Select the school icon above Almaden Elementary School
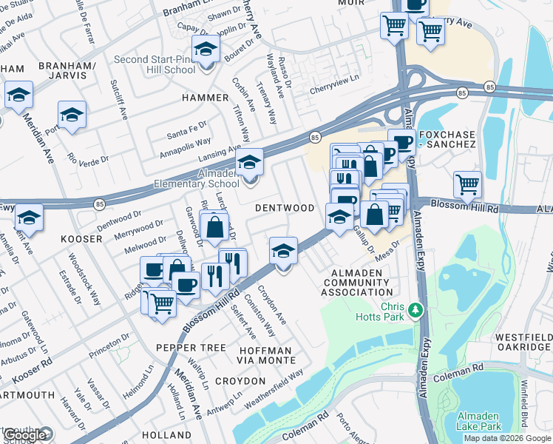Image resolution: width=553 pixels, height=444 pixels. coord(250,163)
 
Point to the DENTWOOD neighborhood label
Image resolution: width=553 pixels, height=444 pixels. coord(285,208)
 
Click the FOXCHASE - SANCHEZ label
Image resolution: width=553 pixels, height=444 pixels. coord(447,139)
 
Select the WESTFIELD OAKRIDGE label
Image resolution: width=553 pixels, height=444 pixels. coord(523,342)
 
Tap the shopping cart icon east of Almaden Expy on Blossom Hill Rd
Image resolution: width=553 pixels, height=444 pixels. coord(467,185)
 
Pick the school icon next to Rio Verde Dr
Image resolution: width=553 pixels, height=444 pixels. coord(72,115)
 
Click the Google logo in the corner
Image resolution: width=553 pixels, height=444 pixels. coord(27,435)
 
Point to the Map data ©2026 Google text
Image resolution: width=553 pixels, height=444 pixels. coord(507,438)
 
